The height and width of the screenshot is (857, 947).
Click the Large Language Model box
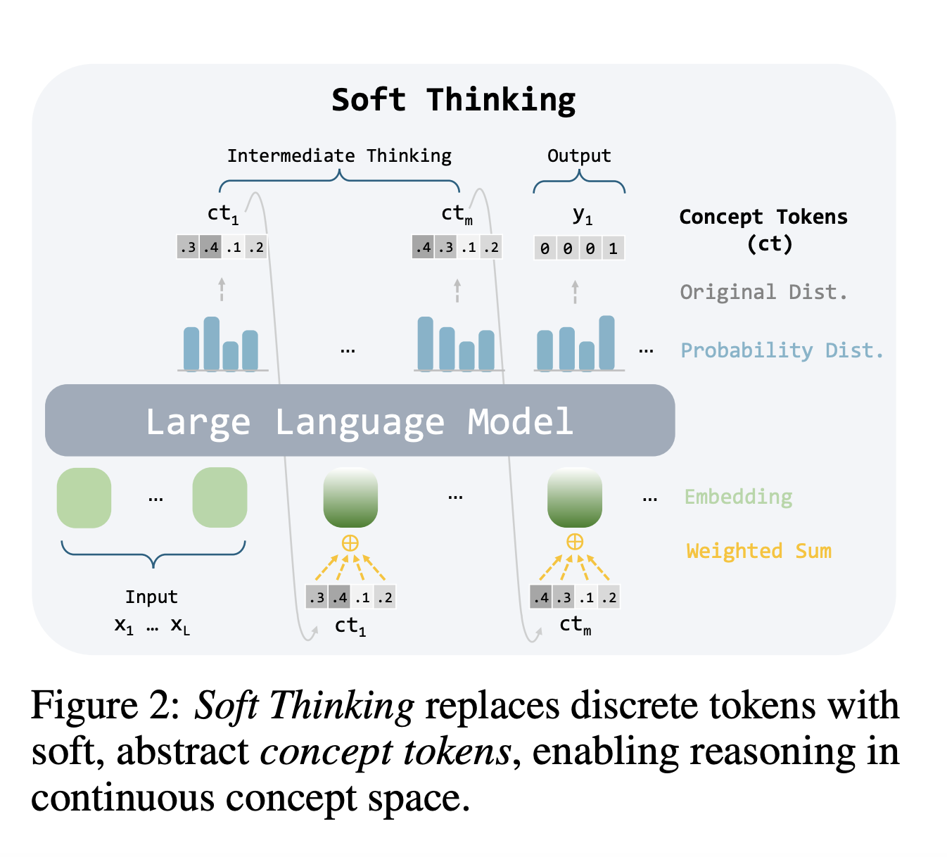pos(360,421)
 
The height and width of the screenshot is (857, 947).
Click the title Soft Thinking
pos(453,100)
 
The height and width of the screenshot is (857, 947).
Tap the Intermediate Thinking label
pos(339,155)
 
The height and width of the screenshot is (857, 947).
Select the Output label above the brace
pos(579,155)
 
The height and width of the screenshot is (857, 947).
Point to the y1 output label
pos(583,215)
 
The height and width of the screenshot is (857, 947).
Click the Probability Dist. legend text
pos(782,350)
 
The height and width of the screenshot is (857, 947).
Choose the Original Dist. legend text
pos(763,291)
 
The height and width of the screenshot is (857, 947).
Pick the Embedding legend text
pos(738,497)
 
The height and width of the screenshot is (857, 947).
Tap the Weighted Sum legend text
pos(758,550)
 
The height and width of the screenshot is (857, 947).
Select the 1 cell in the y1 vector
pos(613,248)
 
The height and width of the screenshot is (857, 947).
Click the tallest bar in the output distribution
pos(606,343)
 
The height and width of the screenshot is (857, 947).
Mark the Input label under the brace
pos(151,597)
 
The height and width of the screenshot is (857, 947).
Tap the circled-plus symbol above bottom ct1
pos(350,542)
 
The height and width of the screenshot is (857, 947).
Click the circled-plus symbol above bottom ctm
pos(575,541)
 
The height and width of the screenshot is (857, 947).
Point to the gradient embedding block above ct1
pos(350,497)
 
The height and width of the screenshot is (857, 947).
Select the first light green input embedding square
pos(84,497)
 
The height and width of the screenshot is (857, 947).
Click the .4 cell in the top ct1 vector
pos(210,248)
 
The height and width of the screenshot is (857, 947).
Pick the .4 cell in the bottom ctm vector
pos(540,598)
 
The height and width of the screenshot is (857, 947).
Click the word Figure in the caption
pos(84,705)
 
